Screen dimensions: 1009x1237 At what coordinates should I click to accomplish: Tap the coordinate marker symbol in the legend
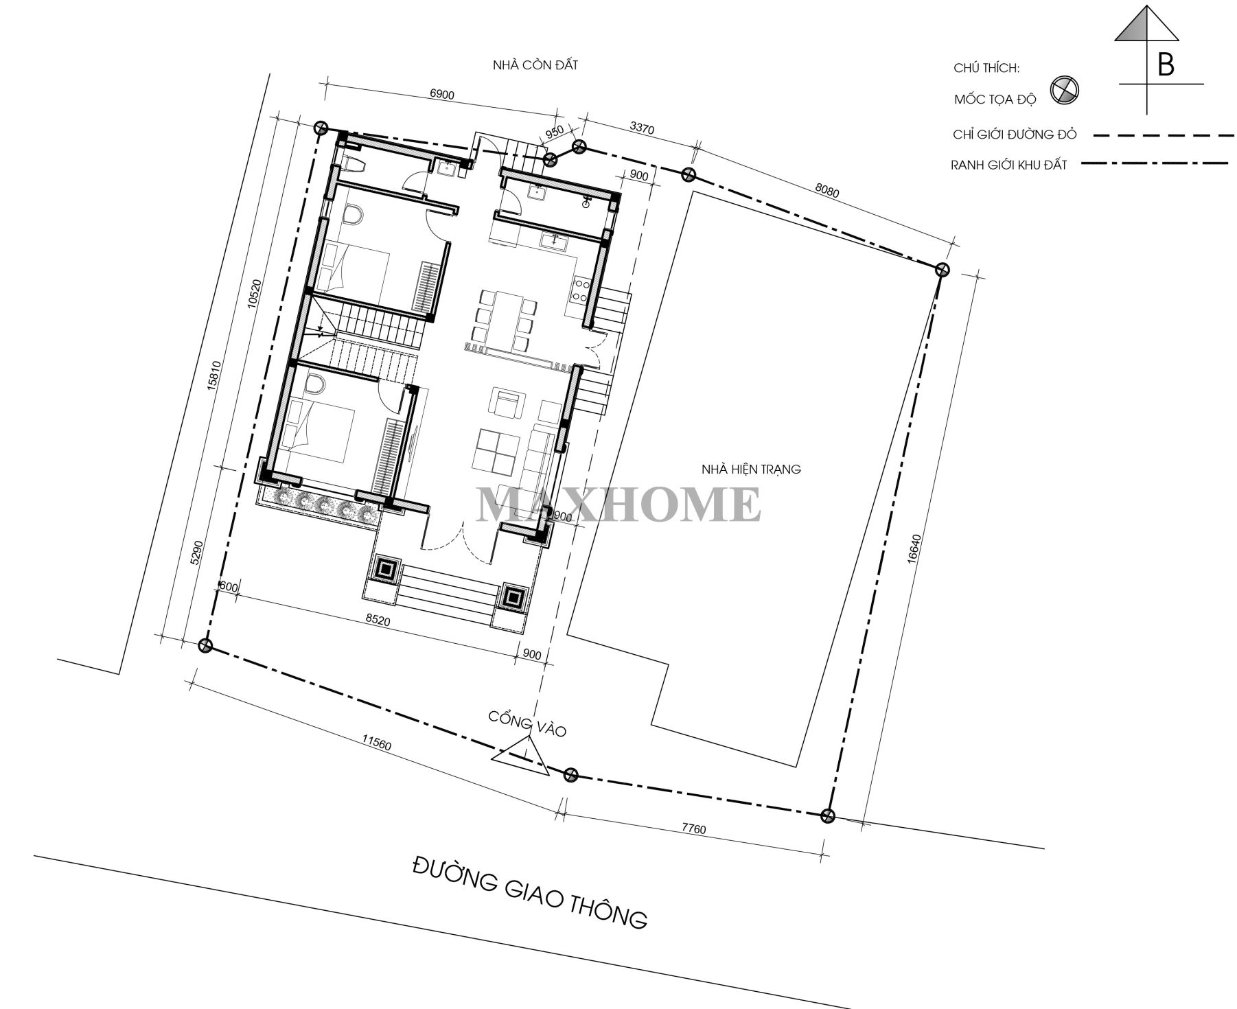click(x=1064, y=91)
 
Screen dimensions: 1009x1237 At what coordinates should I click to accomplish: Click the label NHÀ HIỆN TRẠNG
click(x=750, y=469)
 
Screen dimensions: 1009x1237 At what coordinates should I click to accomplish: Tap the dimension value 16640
click(x=912, y=548)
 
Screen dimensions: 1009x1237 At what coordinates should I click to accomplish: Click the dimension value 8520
click(x=378, y=620)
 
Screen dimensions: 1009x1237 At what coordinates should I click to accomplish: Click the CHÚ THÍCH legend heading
click(x=986, y=68)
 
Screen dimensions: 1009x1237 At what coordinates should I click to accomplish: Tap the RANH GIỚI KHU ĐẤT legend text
click(x=1008, y=165)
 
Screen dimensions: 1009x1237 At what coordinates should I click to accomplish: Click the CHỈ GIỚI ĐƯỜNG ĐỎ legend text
click(x=1015, y=135)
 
